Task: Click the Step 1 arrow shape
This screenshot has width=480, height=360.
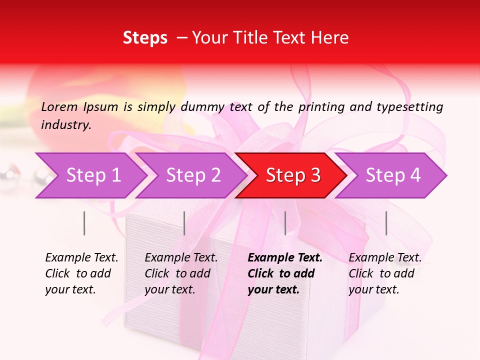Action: tap(92, 175)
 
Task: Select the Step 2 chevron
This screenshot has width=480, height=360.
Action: tap(192, 175)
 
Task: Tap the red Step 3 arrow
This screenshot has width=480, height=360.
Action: tap(292, 175)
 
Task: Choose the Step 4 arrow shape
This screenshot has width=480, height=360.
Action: tap(392, 175)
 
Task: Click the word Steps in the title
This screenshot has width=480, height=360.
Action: tap(145, 38)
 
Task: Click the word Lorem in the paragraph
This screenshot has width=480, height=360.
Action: tap(59, 106)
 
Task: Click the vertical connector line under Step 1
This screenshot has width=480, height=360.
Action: tap(84, 223)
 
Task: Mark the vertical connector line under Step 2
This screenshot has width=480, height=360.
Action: tap(184, 223)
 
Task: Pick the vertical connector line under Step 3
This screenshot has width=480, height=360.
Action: tap(285, 223)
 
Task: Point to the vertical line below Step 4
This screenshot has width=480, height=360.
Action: tap(386, 223)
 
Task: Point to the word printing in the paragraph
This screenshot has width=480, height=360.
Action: tap(319, 106)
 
